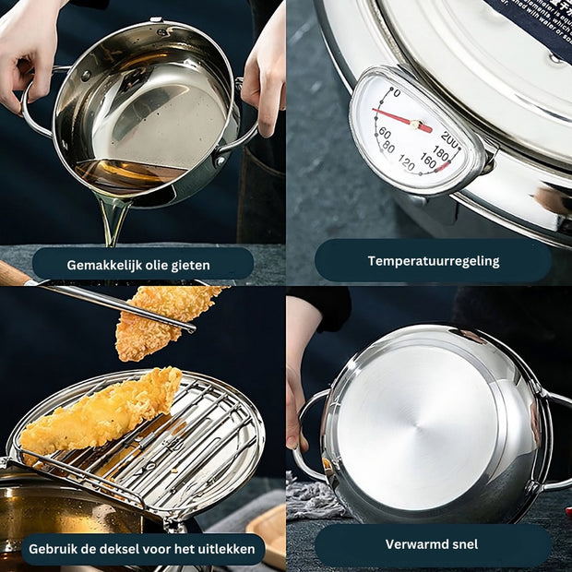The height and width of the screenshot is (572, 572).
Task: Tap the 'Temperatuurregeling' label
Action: (x=433, y=261)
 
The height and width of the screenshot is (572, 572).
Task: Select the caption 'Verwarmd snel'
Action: (x=432, y=544)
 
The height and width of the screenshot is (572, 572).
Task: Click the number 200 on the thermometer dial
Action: (x=450, y=137)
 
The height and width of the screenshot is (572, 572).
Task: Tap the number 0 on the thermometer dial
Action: (x=396, y=92)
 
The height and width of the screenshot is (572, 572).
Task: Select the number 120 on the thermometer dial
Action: (x=406, y=163)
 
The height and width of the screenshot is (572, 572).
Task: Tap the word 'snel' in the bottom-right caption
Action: (x=459, y=544)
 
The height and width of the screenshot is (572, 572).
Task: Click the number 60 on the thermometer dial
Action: (x=384, y=134)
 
